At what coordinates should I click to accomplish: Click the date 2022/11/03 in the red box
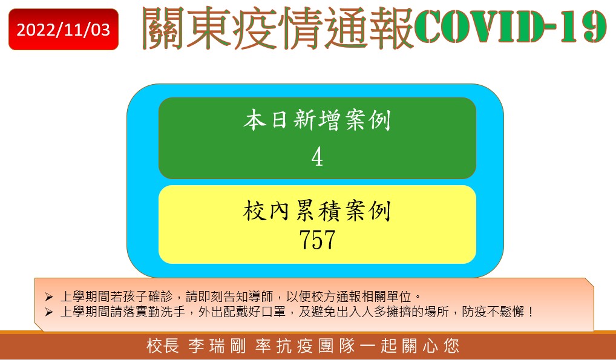tap(64, 30)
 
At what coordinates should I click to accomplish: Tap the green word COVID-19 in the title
tap(511, 27)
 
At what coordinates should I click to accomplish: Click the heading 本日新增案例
tap(317, 120)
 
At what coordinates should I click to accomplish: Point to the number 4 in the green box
tap(317, 157)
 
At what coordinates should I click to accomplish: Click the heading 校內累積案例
tap(317, 211)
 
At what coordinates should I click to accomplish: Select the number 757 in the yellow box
tap(317, 240)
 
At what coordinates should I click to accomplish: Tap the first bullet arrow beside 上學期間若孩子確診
tap(49, 296)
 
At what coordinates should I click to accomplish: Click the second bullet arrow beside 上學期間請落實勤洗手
tap(49, 312)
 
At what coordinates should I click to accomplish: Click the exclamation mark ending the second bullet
tap(530, 312)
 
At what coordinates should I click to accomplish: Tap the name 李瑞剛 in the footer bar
tap(217, 346)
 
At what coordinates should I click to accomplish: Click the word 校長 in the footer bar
tap(163, 346)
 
